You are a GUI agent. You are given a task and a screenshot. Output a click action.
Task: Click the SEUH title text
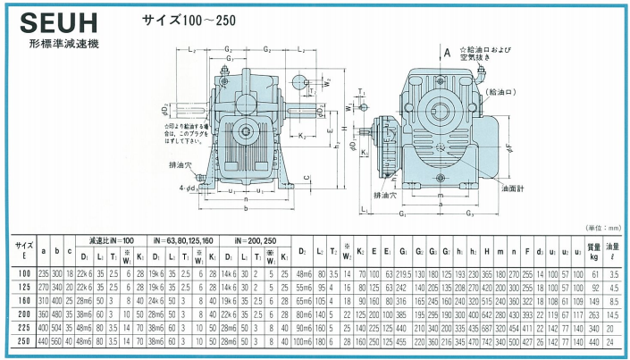click(55, 21)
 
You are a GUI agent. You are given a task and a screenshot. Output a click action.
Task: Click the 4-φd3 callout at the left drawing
click(191, 187)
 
